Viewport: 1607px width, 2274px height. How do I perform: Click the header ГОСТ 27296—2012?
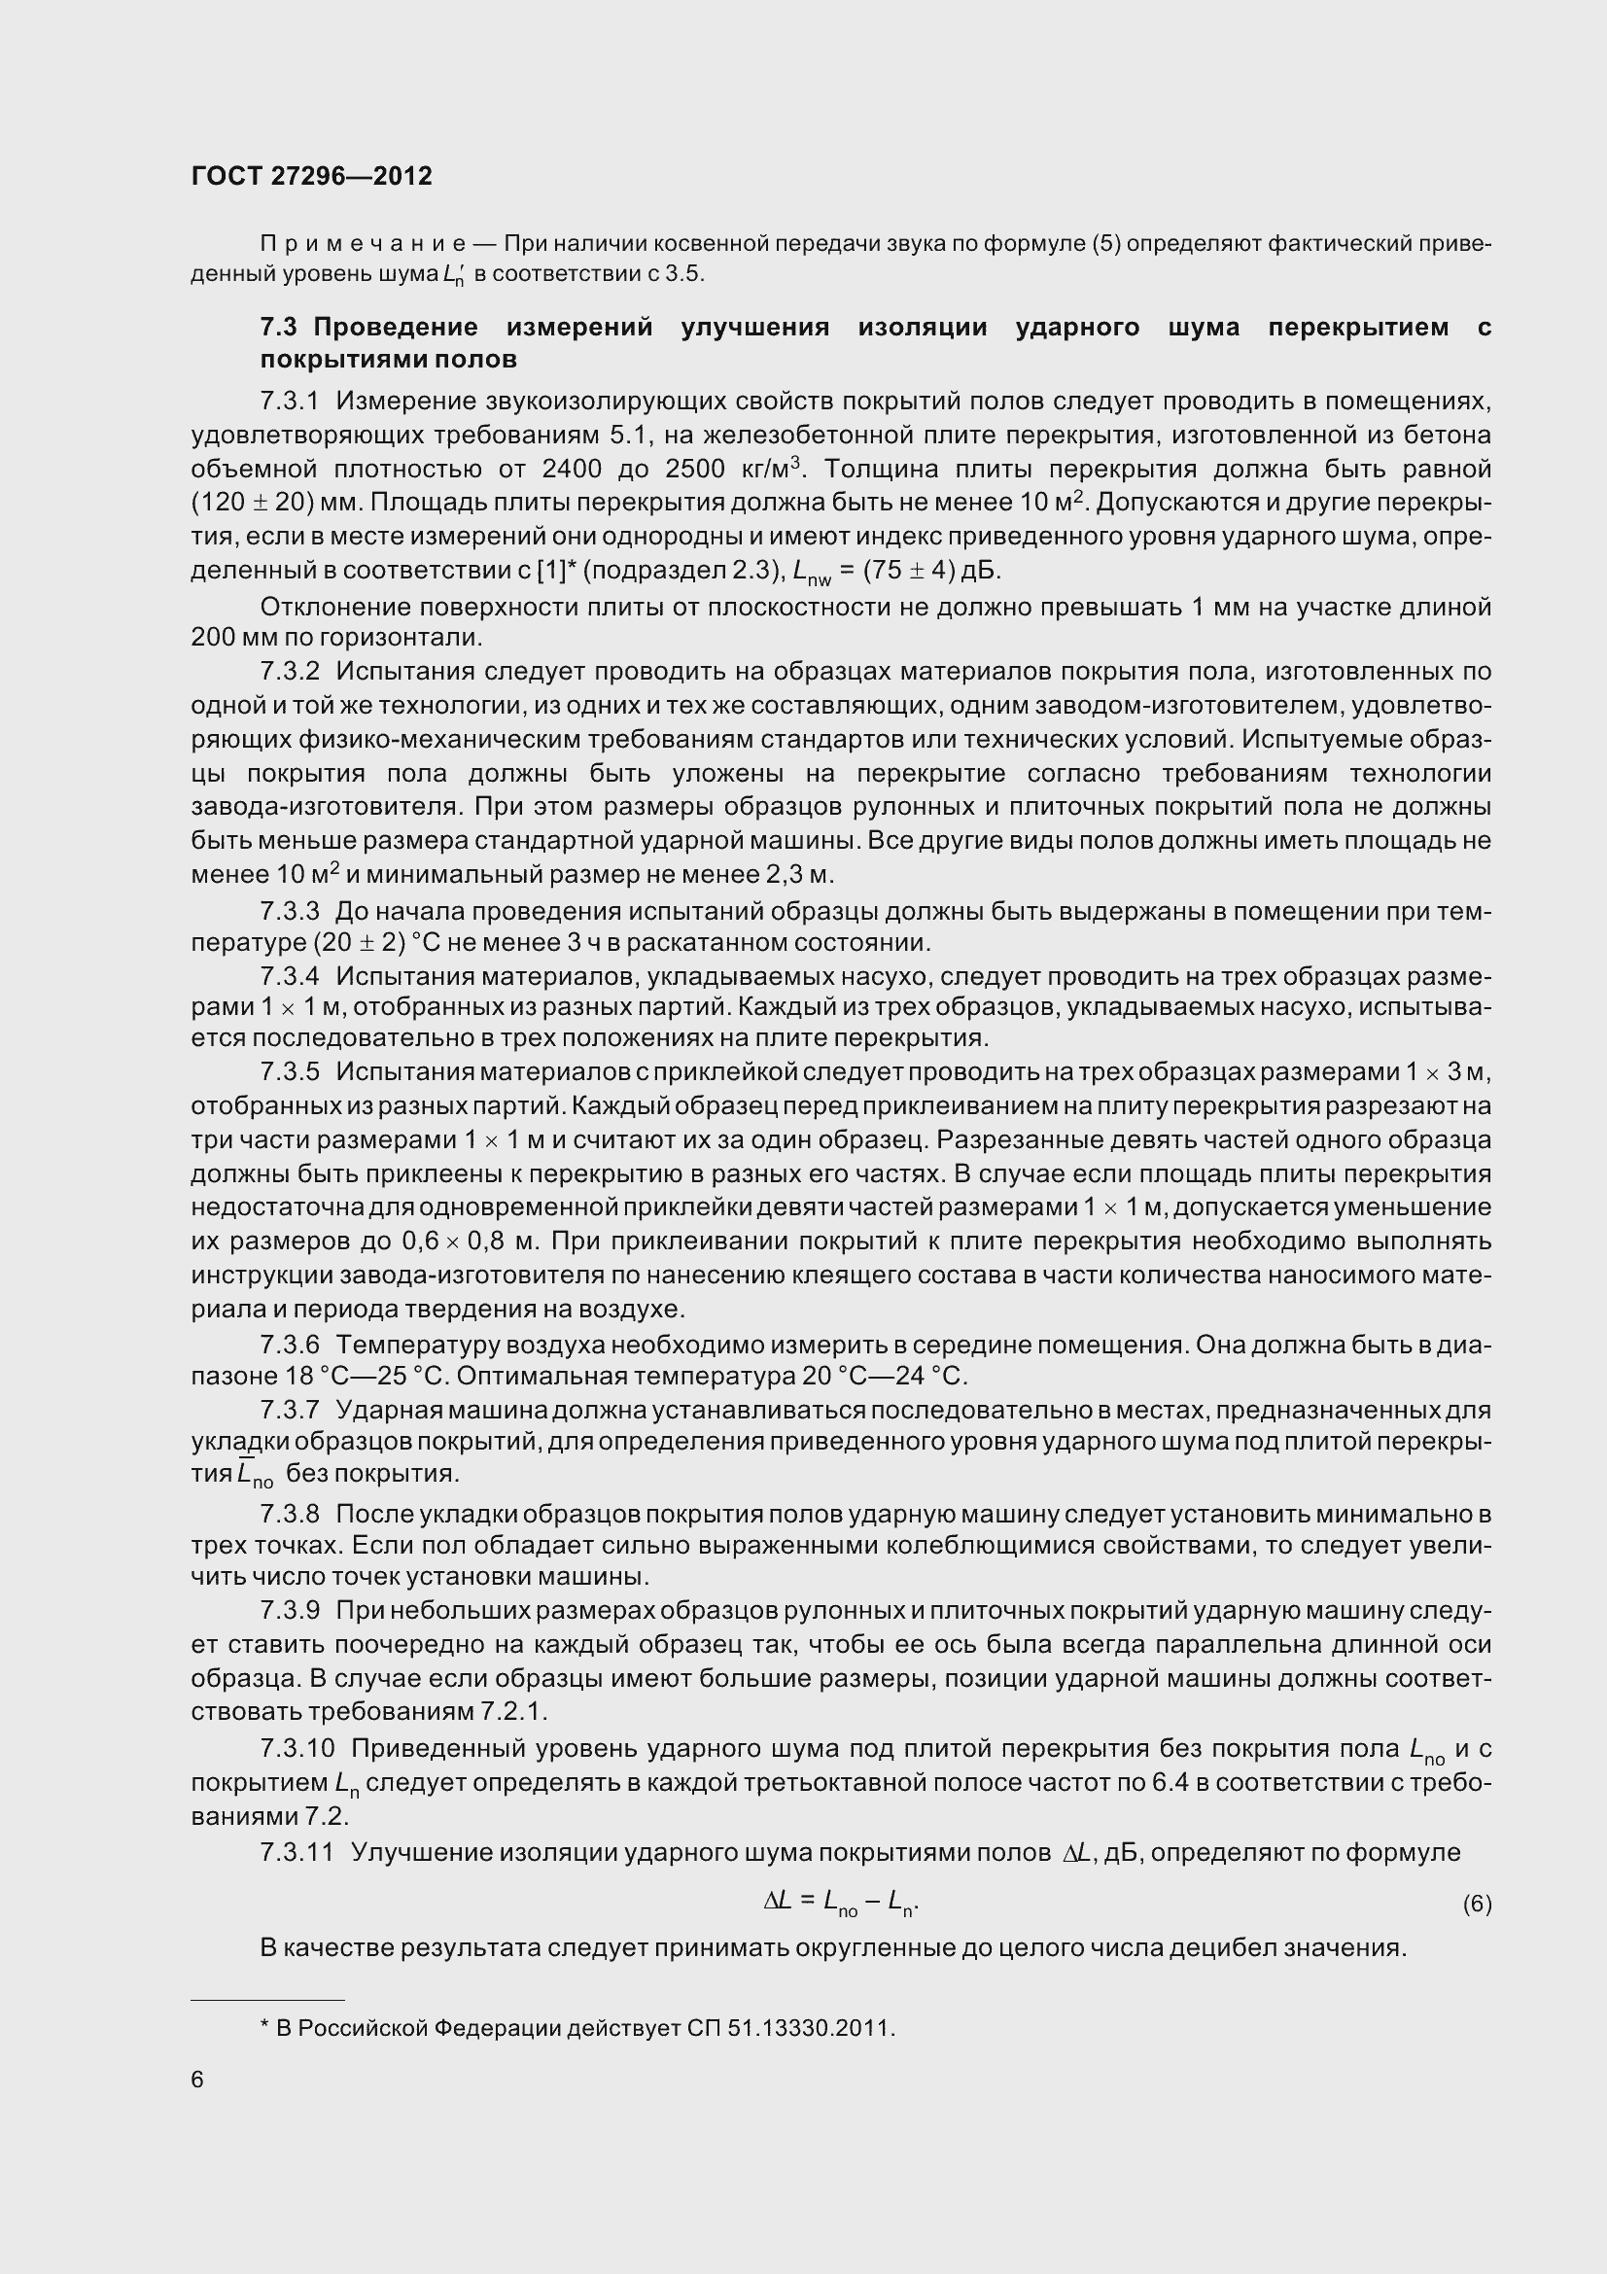(311, 176)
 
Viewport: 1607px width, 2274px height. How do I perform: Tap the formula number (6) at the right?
(1477, 1904)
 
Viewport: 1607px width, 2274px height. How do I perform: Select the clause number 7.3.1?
(289, 402)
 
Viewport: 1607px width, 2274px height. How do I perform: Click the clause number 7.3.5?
(289, 1071)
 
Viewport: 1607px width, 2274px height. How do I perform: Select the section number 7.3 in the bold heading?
(279, 328)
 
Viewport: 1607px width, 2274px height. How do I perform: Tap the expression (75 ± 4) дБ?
(926, 572)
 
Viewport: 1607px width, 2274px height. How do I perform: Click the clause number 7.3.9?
(289, 1611)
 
